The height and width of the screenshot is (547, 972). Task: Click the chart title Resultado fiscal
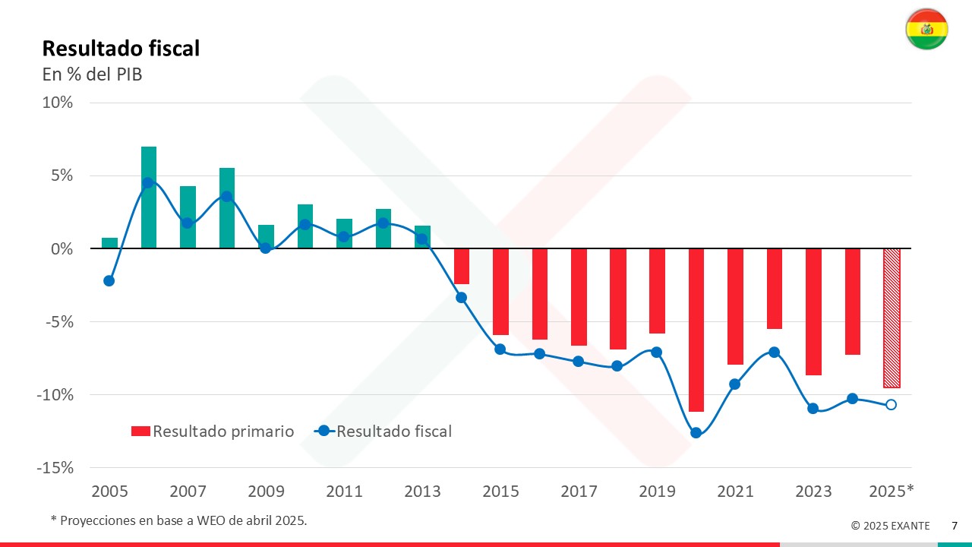click(121, 49)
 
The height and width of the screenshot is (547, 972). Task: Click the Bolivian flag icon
click(926, 30)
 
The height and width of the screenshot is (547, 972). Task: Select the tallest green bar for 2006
click(149, 198)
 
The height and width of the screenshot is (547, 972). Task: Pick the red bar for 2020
click(696, 330)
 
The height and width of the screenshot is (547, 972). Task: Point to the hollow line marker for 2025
click(891, 404)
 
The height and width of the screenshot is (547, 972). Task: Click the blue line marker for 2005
click(109, 280)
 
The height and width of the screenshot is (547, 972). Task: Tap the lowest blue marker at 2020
click(696, 433)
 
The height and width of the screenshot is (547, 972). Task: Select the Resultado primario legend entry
click(213, 432)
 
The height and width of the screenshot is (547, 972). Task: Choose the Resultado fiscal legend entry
click(384, 432)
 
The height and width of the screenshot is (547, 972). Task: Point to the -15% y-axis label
click(55, 468)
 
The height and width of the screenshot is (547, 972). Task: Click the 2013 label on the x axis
click(422, 492)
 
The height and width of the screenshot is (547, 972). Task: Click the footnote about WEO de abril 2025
click(178, 520)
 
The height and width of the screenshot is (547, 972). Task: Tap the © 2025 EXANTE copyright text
click(890, 526)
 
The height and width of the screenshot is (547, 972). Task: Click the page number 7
click(955, 526)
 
